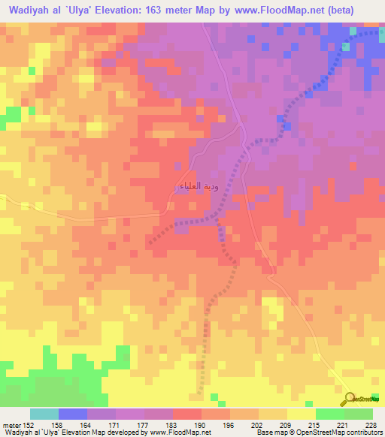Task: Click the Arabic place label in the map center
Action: click(x=198, y=185)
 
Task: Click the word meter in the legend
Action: click(x=12, y=425)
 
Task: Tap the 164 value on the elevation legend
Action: click(x=87, y=425)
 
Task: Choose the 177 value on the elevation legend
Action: click(x=144, y=425)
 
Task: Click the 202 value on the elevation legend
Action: click(x=259, y=425)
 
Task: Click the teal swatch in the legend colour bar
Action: click(x=44, y=414)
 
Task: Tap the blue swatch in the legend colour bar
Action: click(x=73, y=414)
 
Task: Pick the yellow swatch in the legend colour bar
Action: click(x=302, y=414)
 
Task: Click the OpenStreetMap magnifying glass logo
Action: click(x=352, y=398)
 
